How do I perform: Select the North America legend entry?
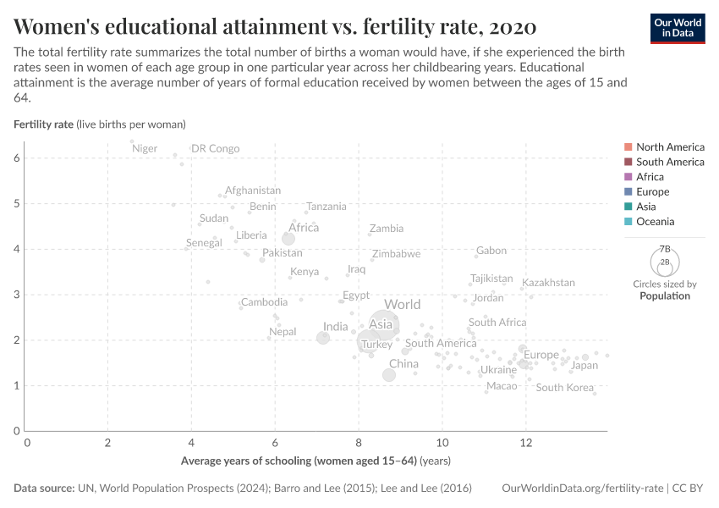point(669,146)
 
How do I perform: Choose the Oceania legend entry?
point(655,222)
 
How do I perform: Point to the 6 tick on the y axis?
point(16,158)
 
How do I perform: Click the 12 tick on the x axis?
point(525,443)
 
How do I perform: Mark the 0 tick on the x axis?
point(27,443)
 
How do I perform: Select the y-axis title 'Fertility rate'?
point(44,124)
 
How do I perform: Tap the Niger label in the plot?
point(145,149)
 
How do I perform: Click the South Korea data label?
point(564,388)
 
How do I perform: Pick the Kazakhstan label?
point(548,283)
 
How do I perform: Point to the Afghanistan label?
point(252,190)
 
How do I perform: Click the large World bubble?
point(383,325)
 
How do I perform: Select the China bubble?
point(389,375)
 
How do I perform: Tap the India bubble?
point(323,338)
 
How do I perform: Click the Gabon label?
point(491,251)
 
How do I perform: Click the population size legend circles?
point(664,260)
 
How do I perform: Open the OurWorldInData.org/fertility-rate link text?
point(583,489)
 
